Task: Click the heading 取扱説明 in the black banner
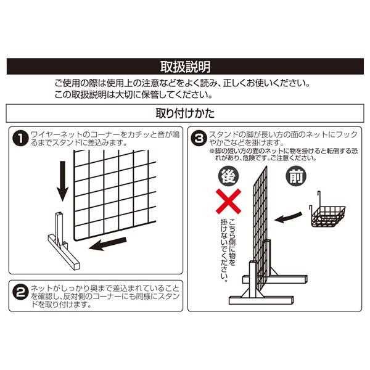186,67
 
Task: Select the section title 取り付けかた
185,113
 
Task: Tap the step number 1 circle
20,139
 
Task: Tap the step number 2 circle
21,292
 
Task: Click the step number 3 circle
199,139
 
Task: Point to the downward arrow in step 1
62,181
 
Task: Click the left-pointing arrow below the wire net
108,244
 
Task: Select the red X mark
228,201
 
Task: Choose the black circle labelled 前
296,176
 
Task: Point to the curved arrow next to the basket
289,217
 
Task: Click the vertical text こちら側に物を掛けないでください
228,250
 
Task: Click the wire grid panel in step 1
115,195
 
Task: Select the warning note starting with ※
284,154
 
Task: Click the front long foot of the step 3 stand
261,300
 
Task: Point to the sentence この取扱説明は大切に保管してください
134,95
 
